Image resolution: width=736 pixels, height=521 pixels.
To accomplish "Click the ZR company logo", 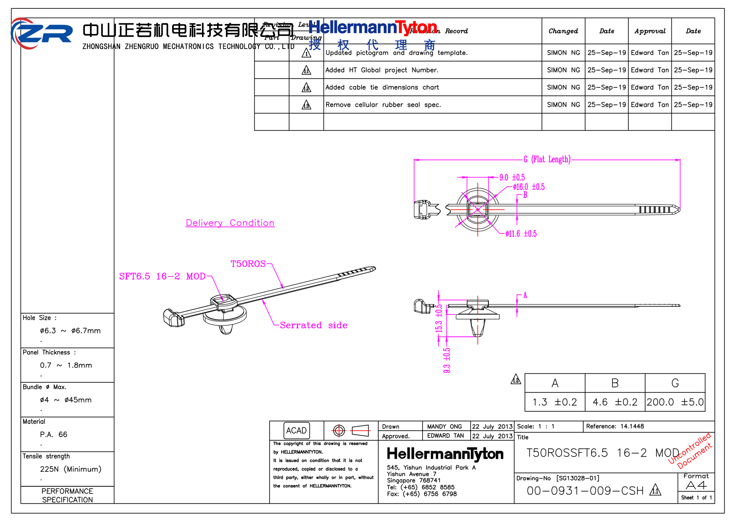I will pyautogui.click(x=42, y=33).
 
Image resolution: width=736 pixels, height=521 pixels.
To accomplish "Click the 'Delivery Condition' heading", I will pyautogui.click(x=230, y=223).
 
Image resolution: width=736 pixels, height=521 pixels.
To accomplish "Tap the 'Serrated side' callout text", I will pyautogui.click(x=313, y=325).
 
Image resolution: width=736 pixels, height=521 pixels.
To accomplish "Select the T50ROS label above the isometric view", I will pyautogui.click(x=248, y=264).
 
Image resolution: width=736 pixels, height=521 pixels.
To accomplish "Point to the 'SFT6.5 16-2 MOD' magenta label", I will pyautogui.click(x=162, y=276).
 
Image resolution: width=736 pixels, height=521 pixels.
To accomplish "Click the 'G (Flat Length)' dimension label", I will pyautogui.click(x=547, y=159).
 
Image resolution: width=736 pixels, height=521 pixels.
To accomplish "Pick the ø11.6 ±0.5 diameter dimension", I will pyautogui.click(x=521, y=234).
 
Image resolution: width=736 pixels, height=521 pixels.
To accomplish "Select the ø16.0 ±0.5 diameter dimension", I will pyautogui.click(x=528, y=187).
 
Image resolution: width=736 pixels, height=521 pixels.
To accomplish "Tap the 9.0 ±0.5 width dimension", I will pyautogui.click(x=512, y=177).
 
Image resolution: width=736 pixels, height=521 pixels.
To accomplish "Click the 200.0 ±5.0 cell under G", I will pyautogui.click(x=675, y=402).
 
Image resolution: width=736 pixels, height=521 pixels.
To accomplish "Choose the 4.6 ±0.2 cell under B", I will pyautogui.click(x=615, y=402).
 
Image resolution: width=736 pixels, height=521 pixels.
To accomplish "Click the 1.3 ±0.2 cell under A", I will pyautogui.click(x=555, y=402).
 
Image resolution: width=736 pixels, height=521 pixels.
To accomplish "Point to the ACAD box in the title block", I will pyautogui.click(x=296, y=430).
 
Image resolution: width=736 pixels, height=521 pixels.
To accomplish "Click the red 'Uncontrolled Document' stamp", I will pyautogui.click(x=691, y=450).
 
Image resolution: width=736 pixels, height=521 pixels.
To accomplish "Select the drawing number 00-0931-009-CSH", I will pyautogui.click(x=585, y=491).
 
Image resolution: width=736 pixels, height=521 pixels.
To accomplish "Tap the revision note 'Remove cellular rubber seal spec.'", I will pyautogui.click(x=383, y=105).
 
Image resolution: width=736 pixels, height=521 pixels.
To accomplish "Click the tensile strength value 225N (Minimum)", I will pyautogui.click(x=70, y=469).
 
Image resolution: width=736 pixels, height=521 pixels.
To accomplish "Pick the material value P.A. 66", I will pyautogui.click(x=53, y=434).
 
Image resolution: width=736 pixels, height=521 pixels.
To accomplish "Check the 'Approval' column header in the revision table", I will pyautogui.click(x=650, y=31).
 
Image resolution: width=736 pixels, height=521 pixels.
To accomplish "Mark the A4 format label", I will pyautogui.click(x=696, y=485).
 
